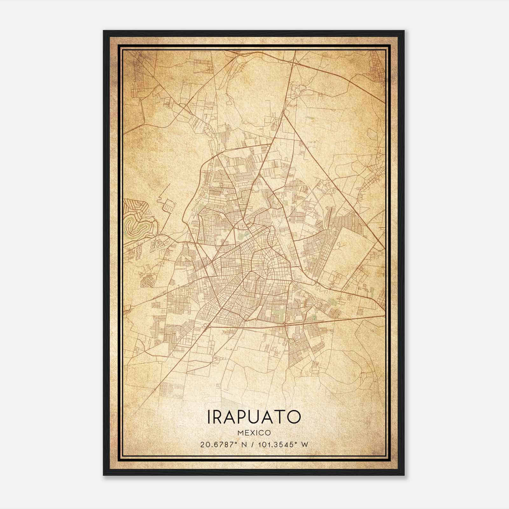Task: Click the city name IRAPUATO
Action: [254, 417]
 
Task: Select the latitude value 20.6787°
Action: [217, 445]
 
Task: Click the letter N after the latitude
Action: [245, 445]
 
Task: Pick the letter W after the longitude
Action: [304, 445]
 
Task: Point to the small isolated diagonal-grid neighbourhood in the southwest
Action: [147, 281]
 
